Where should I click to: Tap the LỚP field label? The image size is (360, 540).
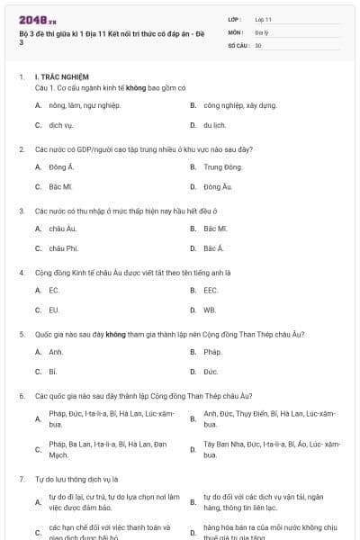click(x=235, y=19)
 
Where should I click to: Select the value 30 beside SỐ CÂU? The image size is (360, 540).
click(x=258, y=44)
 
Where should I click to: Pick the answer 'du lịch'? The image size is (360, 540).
click(x=213, y=124)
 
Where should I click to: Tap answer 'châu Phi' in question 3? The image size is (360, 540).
click(x=64, y=247)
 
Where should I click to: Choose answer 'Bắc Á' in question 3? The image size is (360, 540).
click(x=213, y=247)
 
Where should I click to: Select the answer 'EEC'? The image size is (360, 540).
click(x=211, y=291)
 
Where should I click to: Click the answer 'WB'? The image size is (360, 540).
click(x=210, y=310)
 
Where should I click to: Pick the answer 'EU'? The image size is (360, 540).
click(x=54, y=310)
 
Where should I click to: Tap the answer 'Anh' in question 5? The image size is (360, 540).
click(x=56, y=352)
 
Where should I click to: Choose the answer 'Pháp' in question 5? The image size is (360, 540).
click(x=212, y=352)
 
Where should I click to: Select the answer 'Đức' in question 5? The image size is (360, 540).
click(x=211, y=371)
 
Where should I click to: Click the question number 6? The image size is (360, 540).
click(x=22, y=396)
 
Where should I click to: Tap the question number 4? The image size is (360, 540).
click(x=22, y=272)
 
